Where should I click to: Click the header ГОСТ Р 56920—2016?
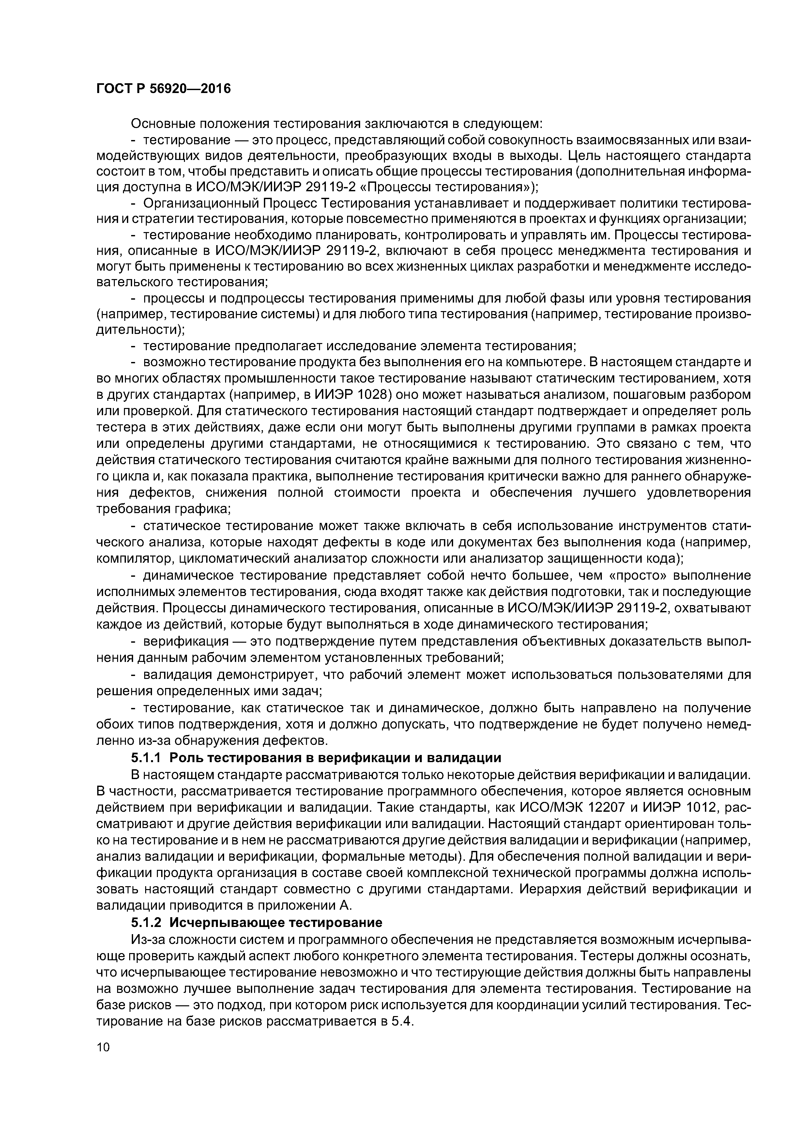163,89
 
